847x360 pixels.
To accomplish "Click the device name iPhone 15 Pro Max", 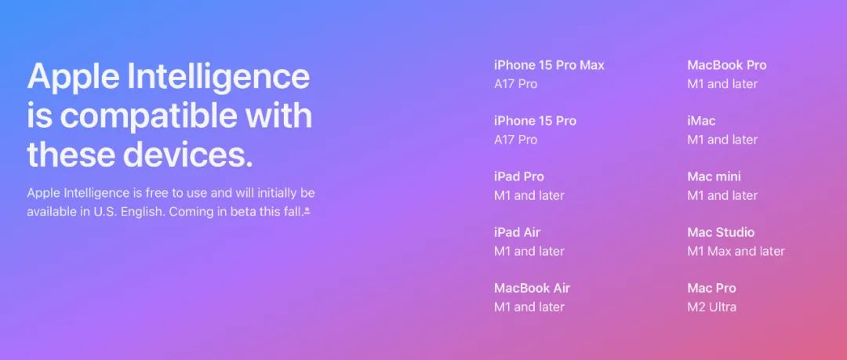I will click(x=549, y=65).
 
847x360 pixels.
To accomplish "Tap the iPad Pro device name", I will click(x=518, y=176).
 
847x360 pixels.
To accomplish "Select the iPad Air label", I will click(x=517, y=232).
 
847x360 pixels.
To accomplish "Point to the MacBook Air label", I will click(x=532, y=288).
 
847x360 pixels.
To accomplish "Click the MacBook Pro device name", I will click(x=726, y=65).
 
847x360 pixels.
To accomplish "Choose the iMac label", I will click(x=701, y=121).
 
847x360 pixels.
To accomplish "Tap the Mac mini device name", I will click(x=714, y=176).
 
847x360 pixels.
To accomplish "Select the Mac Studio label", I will click(x=721, y=232).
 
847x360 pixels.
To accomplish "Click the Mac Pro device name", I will click(x=711, y=288).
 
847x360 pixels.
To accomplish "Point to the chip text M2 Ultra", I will click(x=711, y=307).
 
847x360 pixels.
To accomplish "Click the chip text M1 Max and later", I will click(x=736, y=251).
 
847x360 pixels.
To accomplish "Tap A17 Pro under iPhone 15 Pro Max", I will click(x=515, y=84).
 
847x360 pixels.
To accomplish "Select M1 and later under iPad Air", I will click(x=529, y=251).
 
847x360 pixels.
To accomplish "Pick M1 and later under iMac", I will click(x=722, y=140).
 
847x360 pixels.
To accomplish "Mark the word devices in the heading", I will click(x=187, y=155).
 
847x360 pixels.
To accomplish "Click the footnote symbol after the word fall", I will click(x=307, y=211).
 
